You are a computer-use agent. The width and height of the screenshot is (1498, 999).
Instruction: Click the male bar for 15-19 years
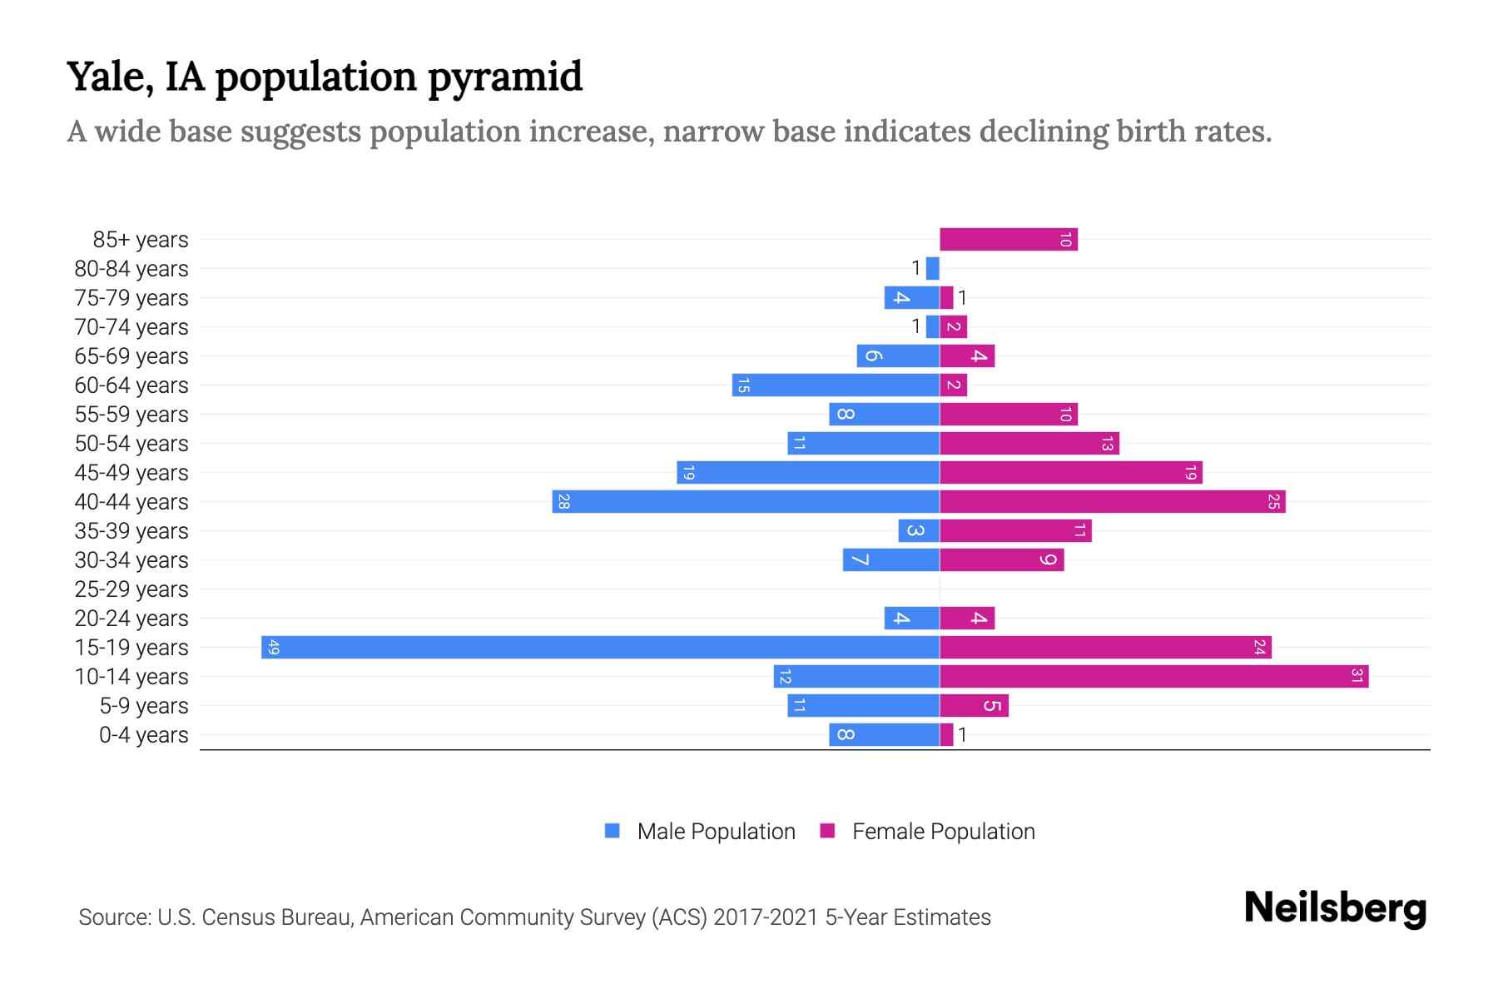(x=599, y=647)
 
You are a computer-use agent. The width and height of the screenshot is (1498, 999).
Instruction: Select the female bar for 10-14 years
(x=1153, y=676)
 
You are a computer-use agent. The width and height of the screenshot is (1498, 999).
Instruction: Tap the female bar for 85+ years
(x=1008, y=239)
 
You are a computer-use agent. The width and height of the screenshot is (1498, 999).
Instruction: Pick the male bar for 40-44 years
(x=746, y=501)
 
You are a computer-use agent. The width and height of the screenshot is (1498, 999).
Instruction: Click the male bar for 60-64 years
(x=836, y=385)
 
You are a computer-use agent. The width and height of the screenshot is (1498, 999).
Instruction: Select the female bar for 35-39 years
(x=1015, y=530)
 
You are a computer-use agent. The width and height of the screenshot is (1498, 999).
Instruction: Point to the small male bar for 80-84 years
(x=932, y=268)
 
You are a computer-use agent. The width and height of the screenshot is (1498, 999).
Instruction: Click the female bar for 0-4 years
(x=946, y=734)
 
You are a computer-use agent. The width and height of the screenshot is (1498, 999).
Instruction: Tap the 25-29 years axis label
(x=131, y=589)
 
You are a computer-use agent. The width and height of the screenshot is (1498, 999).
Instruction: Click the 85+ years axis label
(x=141, y=239)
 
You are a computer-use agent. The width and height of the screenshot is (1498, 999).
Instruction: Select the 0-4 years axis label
(x=143, y=734)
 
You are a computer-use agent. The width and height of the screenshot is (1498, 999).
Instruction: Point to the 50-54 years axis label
(x=131, y=443)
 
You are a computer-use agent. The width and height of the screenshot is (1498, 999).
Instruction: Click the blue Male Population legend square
(x=613, y=831)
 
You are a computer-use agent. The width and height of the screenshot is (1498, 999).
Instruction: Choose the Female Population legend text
(x=943, y=831)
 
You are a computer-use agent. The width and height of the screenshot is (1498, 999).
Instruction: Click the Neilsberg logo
(x=1335, y=907)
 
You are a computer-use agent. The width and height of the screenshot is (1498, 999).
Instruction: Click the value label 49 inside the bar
(x=274, y=647)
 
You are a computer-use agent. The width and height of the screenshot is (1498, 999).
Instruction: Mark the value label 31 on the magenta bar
(x=1357, y=676)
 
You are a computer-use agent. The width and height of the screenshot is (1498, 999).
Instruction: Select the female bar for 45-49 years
(x=1070, y=472)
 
